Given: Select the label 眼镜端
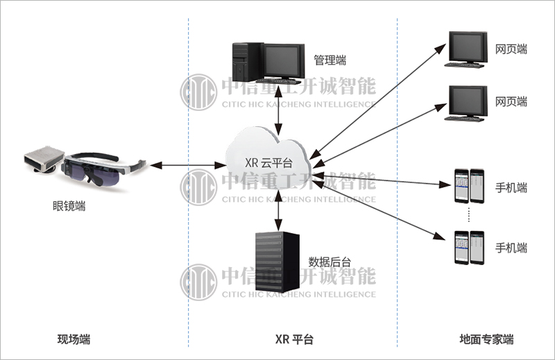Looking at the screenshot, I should [x=69, y=206].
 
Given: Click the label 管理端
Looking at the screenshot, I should [x=330, y=60].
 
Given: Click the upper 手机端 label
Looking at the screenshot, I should [x=511, y=188].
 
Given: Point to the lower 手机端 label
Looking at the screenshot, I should [x=511, y=247].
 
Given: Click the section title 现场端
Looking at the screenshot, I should [x=74, y=340].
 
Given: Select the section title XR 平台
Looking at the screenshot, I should [x=294, y=340].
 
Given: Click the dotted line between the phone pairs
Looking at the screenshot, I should [x=469, y=215].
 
